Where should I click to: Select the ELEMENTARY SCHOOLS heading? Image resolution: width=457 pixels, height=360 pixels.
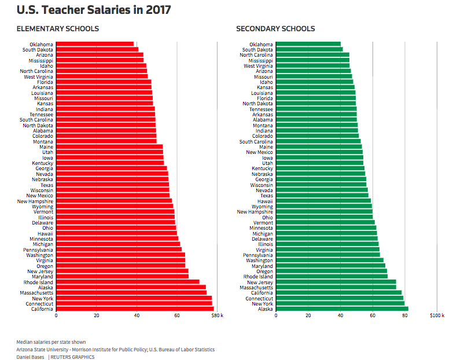57,29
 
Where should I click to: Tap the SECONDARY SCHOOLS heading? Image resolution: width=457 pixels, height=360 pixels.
275,29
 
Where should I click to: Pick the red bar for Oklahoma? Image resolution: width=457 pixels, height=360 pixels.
95,44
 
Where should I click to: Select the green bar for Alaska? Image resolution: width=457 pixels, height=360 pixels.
342,309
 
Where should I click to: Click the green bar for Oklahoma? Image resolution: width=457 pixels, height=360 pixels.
308,44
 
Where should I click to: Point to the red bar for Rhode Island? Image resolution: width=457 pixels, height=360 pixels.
127,282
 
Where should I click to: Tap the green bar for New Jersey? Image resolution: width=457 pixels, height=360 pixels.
336,282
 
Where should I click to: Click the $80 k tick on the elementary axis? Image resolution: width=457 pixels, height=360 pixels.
217,316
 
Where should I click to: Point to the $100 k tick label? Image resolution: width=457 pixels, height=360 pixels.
437,316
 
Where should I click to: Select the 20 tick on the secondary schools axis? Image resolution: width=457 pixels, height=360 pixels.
308,316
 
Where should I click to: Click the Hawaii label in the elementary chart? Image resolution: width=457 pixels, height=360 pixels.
45,233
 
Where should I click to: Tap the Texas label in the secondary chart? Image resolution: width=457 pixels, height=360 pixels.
266,196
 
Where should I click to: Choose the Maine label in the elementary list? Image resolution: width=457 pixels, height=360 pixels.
46,147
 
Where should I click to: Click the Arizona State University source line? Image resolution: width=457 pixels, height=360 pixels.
115,350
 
